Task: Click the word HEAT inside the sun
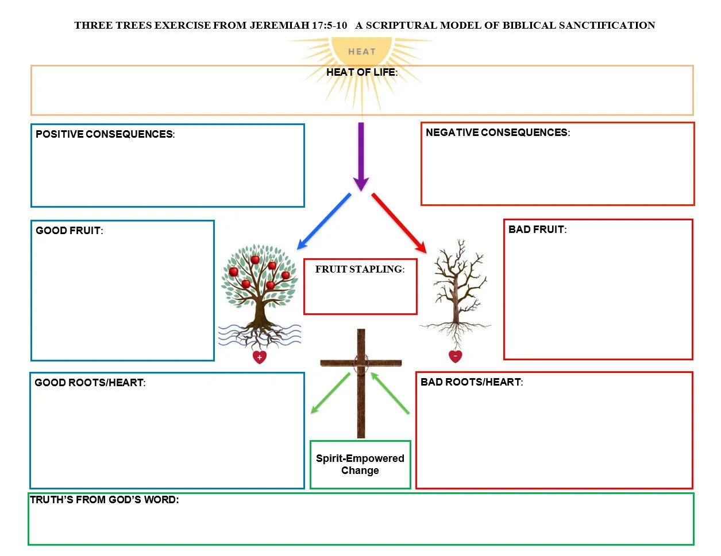click(361, 52)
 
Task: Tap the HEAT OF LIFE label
click(361, 72)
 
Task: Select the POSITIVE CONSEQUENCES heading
click(105, 134)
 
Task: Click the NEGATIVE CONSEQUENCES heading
click(498, 133)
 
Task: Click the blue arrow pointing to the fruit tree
click(323, 221)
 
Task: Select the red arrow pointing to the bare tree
click(399, 223)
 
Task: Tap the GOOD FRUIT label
click(69, 231)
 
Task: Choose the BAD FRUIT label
click(537, 230)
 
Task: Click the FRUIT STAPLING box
click(360, 286)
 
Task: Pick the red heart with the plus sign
click(260, 357)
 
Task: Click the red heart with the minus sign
click(456, 356)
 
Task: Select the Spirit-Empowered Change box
click(360, 465)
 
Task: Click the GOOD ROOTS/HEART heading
click(90, 383)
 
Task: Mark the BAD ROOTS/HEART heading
click(471, 382)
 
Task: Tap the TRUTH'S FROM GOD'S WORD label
click(104, 500)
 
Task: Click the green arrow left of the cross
click(330, 393)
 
